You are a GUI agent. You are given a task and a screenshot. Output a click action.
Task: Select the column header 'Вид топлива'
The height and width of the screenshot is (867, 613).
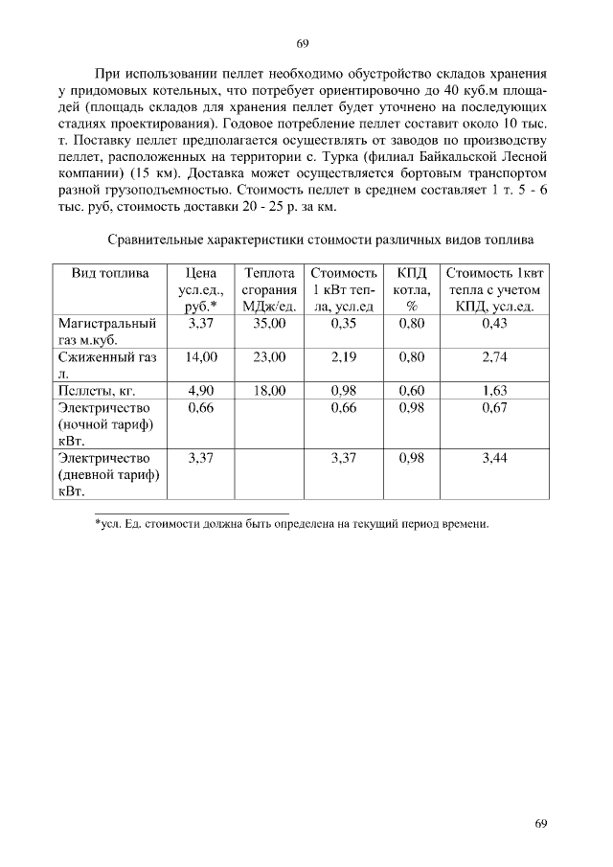pyautogui.click(x=110, y=273)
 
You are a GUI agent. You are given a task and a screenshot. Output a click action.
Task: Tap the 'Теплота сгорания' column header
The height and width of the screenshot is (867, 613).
pyautogui.click(x=268, y=289)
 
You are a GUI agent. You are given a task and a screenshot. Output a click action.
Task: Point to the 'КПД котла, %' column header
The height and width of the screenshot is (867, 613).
pyautogui.click(x=411, y=289)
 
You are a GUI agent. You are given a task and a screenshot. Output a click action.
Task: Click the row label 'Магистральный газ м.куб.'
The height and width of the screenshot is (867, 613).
pyautogui.click(x=106, y=331)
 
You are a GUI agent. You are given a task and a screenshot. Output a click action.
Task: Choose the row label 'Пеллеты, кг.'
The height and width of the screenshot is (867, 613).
pyautogui.click(x=97, y=390)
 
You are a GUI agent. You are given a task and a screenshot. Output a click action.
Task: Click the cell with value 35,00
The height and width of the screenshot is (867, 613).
pyautogui.click(x=269, y=324)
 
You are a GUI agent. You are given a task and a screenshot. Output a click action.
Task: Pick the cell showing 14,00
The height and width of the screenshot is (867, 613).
pyautogui.click(x=201, y=356)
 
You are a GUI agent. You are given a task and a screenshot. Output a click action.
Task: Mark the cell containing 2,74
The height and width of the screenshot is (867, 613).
pyautogui.click(x=493, y=356)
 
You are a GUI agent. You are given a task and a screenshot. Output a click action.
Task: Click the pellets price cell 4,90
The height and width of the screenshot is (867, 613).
pyautogui.click(x=201, y=390)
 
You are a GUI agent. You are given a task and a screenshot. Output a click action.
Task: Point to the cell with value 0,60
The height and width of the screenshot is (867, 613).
pyautogui.click(x=411, y=390)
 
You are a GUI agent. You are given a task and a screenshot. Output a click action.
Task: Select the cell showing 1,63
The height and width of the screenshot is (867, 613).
pyautogui.click(x=493, y=390)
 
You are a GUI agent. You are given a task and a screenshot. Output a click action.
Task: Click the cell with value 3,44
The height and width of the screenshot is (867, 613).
pyautogui.click(x=493, y=458)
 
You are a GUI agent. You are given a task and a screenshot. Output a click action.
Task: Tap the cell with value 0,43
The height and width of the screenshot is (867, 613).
pyautogui.click(x=493, y=324)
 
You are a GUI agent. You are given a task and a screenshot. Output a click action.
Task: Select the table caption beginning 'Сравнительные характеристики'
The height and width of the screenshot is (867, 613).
pyautogui.click(x=319, y=237)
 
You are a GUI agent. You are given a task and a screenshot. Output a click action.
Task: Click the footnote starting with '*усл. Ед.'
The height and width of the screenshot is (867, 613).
pyautogui.click(x=291, y=523)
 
